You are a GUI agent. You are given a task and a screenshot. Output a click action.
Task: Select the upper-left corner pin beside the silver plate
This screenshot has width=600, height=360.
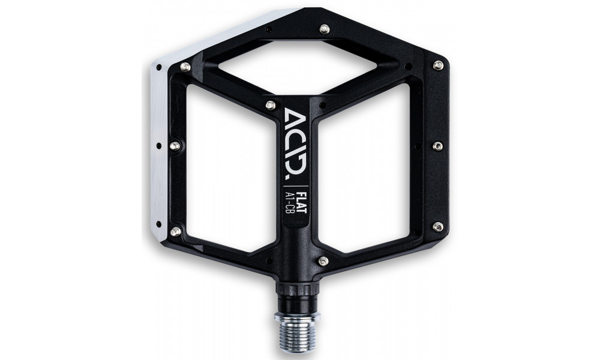pos(185,65)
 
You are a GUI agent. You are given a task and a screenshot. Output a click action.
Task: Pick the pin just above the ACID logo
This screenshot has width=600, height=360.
pos(271,106)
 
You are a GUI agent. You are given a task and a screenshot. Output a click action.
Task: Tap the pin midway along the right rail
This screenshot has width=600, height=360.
pos(438,145)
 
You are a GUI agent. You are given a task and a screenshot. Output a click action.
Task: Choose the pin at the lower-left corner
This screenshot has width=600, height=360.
pos(175,230)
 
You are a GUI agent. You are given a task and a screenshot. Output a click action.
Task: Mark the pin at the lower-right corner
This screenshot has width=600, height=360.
pos(438,227)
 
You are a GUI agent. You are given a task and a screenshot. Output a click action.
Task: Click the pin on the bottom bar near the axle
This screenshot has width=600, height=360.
pos(323,260)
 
